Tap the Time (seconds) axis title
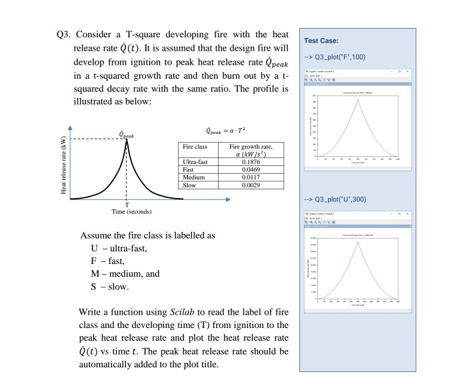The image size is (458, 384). [x=126, y=211]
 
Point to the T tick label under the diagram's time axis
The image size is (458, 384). [x=126, y=204]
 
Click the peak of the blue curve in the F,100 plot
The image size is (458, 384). [x=357, y=99]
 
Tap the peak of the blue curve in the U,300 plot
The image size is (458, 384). [x=357, y=242]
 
